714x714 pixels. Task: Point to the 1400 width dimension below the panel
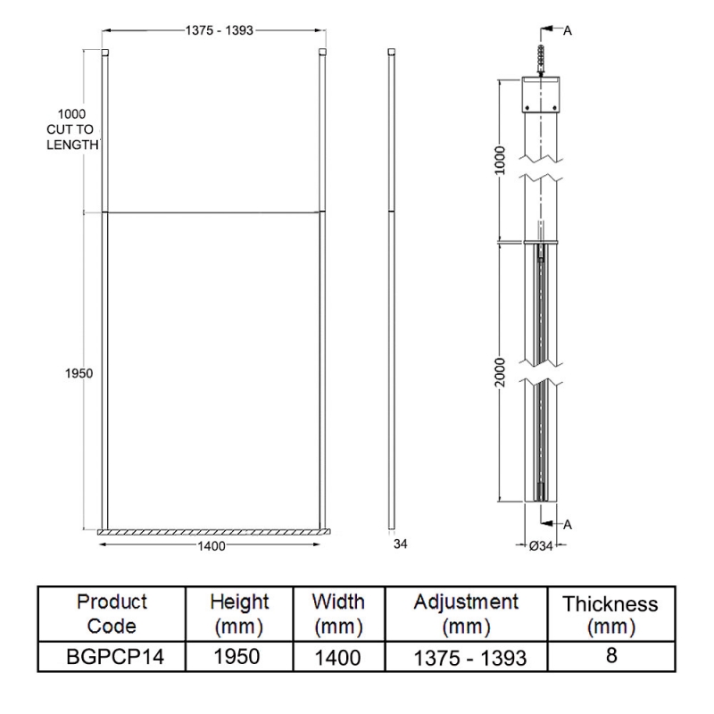click(x=212, y=545)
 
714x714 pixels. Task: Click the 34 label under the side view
click(x=401, y=544)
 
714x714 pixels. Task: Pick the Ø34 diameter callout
click(x=542, y=546)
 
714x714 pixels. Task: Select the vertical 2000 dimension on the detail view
click(x=501, y=372)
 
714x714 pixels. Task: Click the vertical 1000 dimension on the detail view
click(x=501, y=160)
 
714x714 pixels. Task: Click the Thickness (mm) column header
click(x=610, y=615)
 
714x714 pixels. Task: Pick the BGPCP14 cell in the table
click(x=112, y=656)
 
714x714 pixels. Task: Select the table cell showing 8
click(x=611, y=655)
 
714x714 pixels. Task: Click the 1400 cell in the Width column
click(x=337, y=658)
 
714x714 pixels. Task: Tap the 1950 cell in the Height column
click(x=238, y=656)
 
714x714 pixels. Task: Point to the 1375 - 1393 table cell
click(x=467, y=658)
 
